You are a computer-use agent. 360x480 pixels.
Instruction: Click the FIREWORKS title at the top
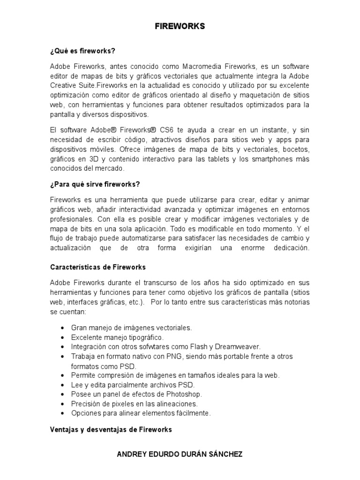(180, 27)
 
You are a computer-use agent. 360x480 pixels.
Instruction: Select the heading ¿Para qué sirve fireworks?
(96, 183)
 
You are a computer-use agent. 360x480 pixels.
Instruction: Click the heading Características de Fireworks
(98, 267)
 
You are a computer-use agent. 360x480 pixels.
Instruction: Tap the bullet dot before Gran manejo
(63, 328)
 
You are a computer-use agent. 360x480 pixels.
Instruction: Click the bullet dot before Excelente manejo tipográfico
(63, 337)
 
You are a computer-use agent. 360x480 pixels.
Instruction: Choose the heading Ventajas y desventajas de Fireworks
(111, 429)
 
